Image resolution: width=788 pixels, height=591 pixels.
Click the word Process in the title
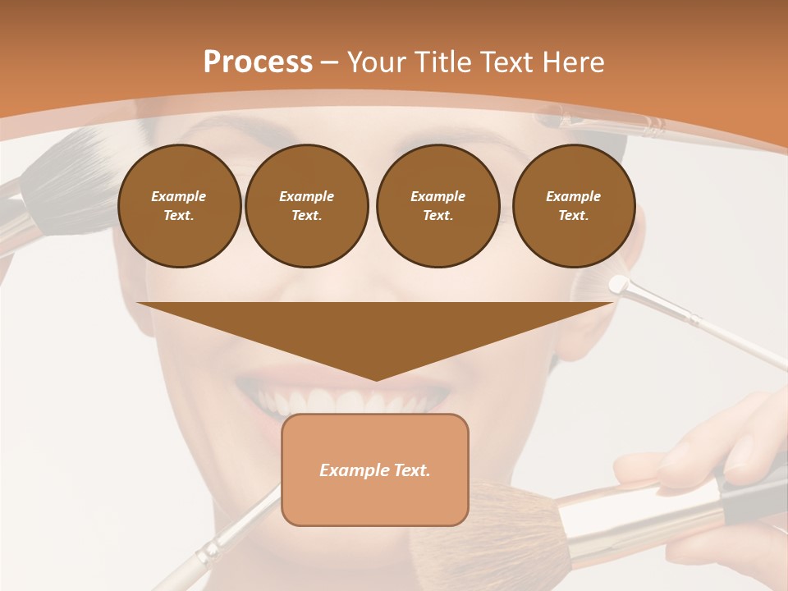click(x=258, y=62)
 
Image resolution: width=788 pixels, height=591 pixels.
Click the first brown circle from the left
click(x=179, y=206)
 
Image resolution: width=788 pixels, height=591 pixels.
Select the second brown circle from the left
click(x=306, y=206)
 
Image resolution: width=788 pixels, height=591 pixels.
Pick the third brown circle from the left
click(x=438, y=206)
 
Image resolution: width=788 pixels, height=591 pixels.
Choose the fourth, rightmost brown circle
click(x=573, y=206)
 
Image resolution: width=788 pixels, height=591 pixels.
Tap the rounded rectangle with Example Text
click(x=375, y=470)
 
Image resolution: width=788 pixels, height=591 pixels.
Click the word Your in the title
click(x=375, y=62)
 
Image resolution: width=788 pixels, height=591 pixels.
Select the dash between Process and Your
click(x=330, y=62)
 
